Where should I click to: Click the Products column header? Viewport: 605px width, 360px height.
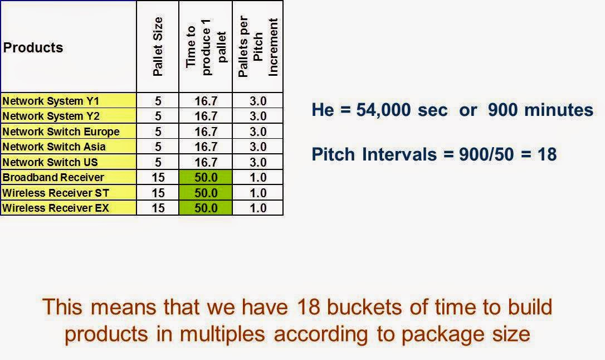point(33,48)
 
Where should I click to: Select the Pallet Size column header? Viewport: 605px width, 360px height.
point(158,47)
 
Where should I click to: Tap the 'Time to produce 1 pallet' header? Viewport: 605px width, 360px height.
point(206,47)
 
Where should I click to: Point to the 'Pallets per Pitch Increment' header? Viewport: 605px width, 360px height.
point(257,47)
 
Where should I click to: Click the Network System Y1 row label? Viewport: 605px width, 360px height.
point(51,101)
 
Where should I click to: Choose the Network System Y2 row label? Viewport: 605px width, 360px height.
point(51,116)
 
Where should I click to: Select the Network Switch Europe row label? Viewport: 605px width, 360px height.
point(61,132)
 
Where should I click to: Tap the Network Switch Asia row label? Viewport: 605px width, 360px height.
point(54,147)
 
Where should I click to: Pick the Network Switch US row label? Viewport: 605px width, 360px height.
point(50,162)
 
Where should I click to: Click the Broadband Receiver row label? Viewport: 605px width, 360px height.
point(53,177)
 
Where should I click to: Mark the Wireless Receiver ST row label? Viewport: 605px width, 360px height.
point(56,193)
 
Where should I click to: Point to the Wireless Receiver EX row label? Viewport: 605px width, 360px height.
point(56,208)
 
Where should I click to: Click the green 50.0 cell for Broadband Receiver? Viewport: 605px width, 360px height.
point(206,178)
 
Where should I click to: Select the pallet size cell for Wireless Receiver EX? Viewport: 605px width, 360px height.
point(158,208)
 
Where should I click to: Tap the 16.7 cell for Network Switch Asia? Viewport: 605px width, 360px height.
point(206,147)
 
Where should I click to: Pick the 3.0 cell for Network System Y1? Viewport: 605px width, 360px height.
point(257,101)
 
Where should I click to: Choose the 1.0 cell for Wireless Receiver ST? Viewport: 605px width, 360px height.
point(257,193)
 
